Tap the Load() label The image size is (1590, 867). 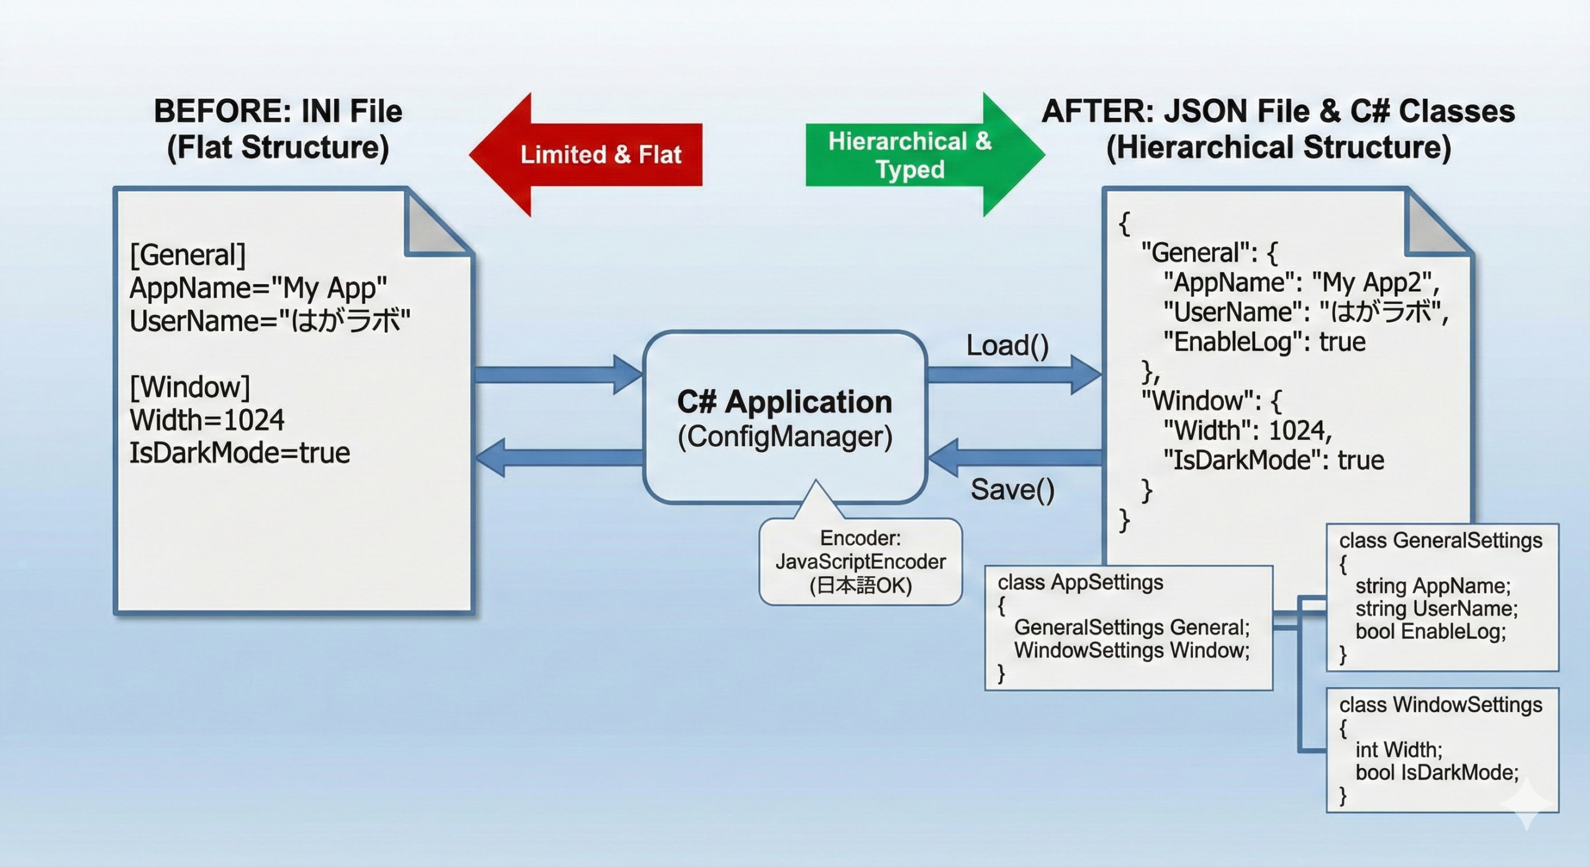click(1007, 345)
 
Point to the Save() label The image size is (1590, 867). click(1012, 490)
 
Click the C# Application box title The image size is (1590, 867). click(784, 402)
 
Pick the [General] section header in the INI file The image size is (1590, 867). click(188, 255)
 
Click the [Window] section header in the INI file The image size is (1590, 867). click(189, 388)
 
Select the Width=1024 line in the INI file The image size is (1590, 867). click(207, 420)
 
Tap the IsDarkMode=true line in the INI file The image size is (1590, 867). click(239, 453)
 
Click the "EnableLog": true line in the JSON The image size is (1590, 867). click(1264, 342)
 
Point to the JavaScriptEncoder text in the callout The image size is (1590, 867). click(860, 562)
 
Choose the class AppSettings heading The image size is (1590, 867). click(1080, 583)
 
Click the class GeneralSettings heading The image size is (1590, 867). click(1440, 541)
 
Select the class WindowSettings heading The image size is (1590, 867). click(1440, 705)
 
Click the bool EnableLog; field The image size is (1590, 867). click(1430, 632)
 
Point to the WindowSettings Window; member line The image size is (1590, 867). click(1132, 650)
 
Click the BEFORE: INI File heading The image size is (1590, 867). click(278, 112)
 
